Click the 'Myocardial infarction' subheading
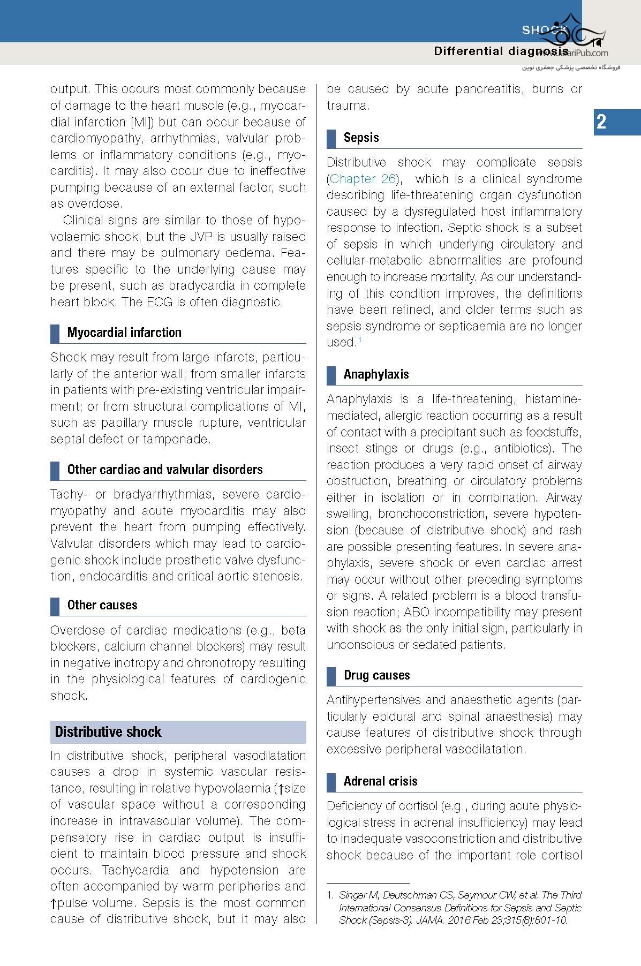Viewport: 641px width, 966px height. click(124, 333)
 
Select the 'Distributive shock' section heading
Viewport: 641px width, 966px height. click(108, 732)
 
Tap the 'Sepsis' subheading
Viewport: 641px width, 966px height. click(361, 138)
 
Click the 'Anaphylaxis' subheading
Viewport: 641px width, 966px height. click(376, 374)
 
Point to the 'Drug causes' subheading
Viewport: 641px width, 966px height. click(376, 675)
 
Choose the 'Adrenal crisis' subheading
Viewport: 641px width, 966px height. click(380, 781)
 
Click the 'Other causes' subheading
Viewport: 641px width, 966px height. click(102, 605)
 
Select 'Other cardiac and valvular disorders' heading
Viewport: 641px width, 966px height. click(165, 470)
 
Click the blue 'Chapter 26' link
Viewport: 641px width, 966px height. click(363, 179)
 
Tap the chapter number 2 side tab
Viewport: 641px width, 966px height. click(602, 122)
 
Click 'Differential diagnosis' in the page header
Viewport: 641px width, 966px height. click(500, 51)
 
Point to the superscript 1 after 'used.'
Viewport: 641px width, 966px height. click(360, 339)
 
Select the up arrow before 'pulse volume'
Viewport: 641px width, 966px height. click(54, 904)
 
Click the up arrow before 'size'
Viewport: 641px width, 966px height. click(280, 789)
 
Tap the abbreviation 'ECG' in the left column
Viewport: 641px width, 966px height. click(160, 302)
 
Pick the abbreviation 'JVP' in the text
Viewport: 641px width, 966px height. click(203, 237)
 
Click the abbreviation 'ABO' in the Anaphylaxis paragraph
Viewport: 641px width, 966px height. click(416, 612)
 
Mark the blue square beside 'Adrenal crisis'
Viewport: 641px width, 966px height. click(331, 782)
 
